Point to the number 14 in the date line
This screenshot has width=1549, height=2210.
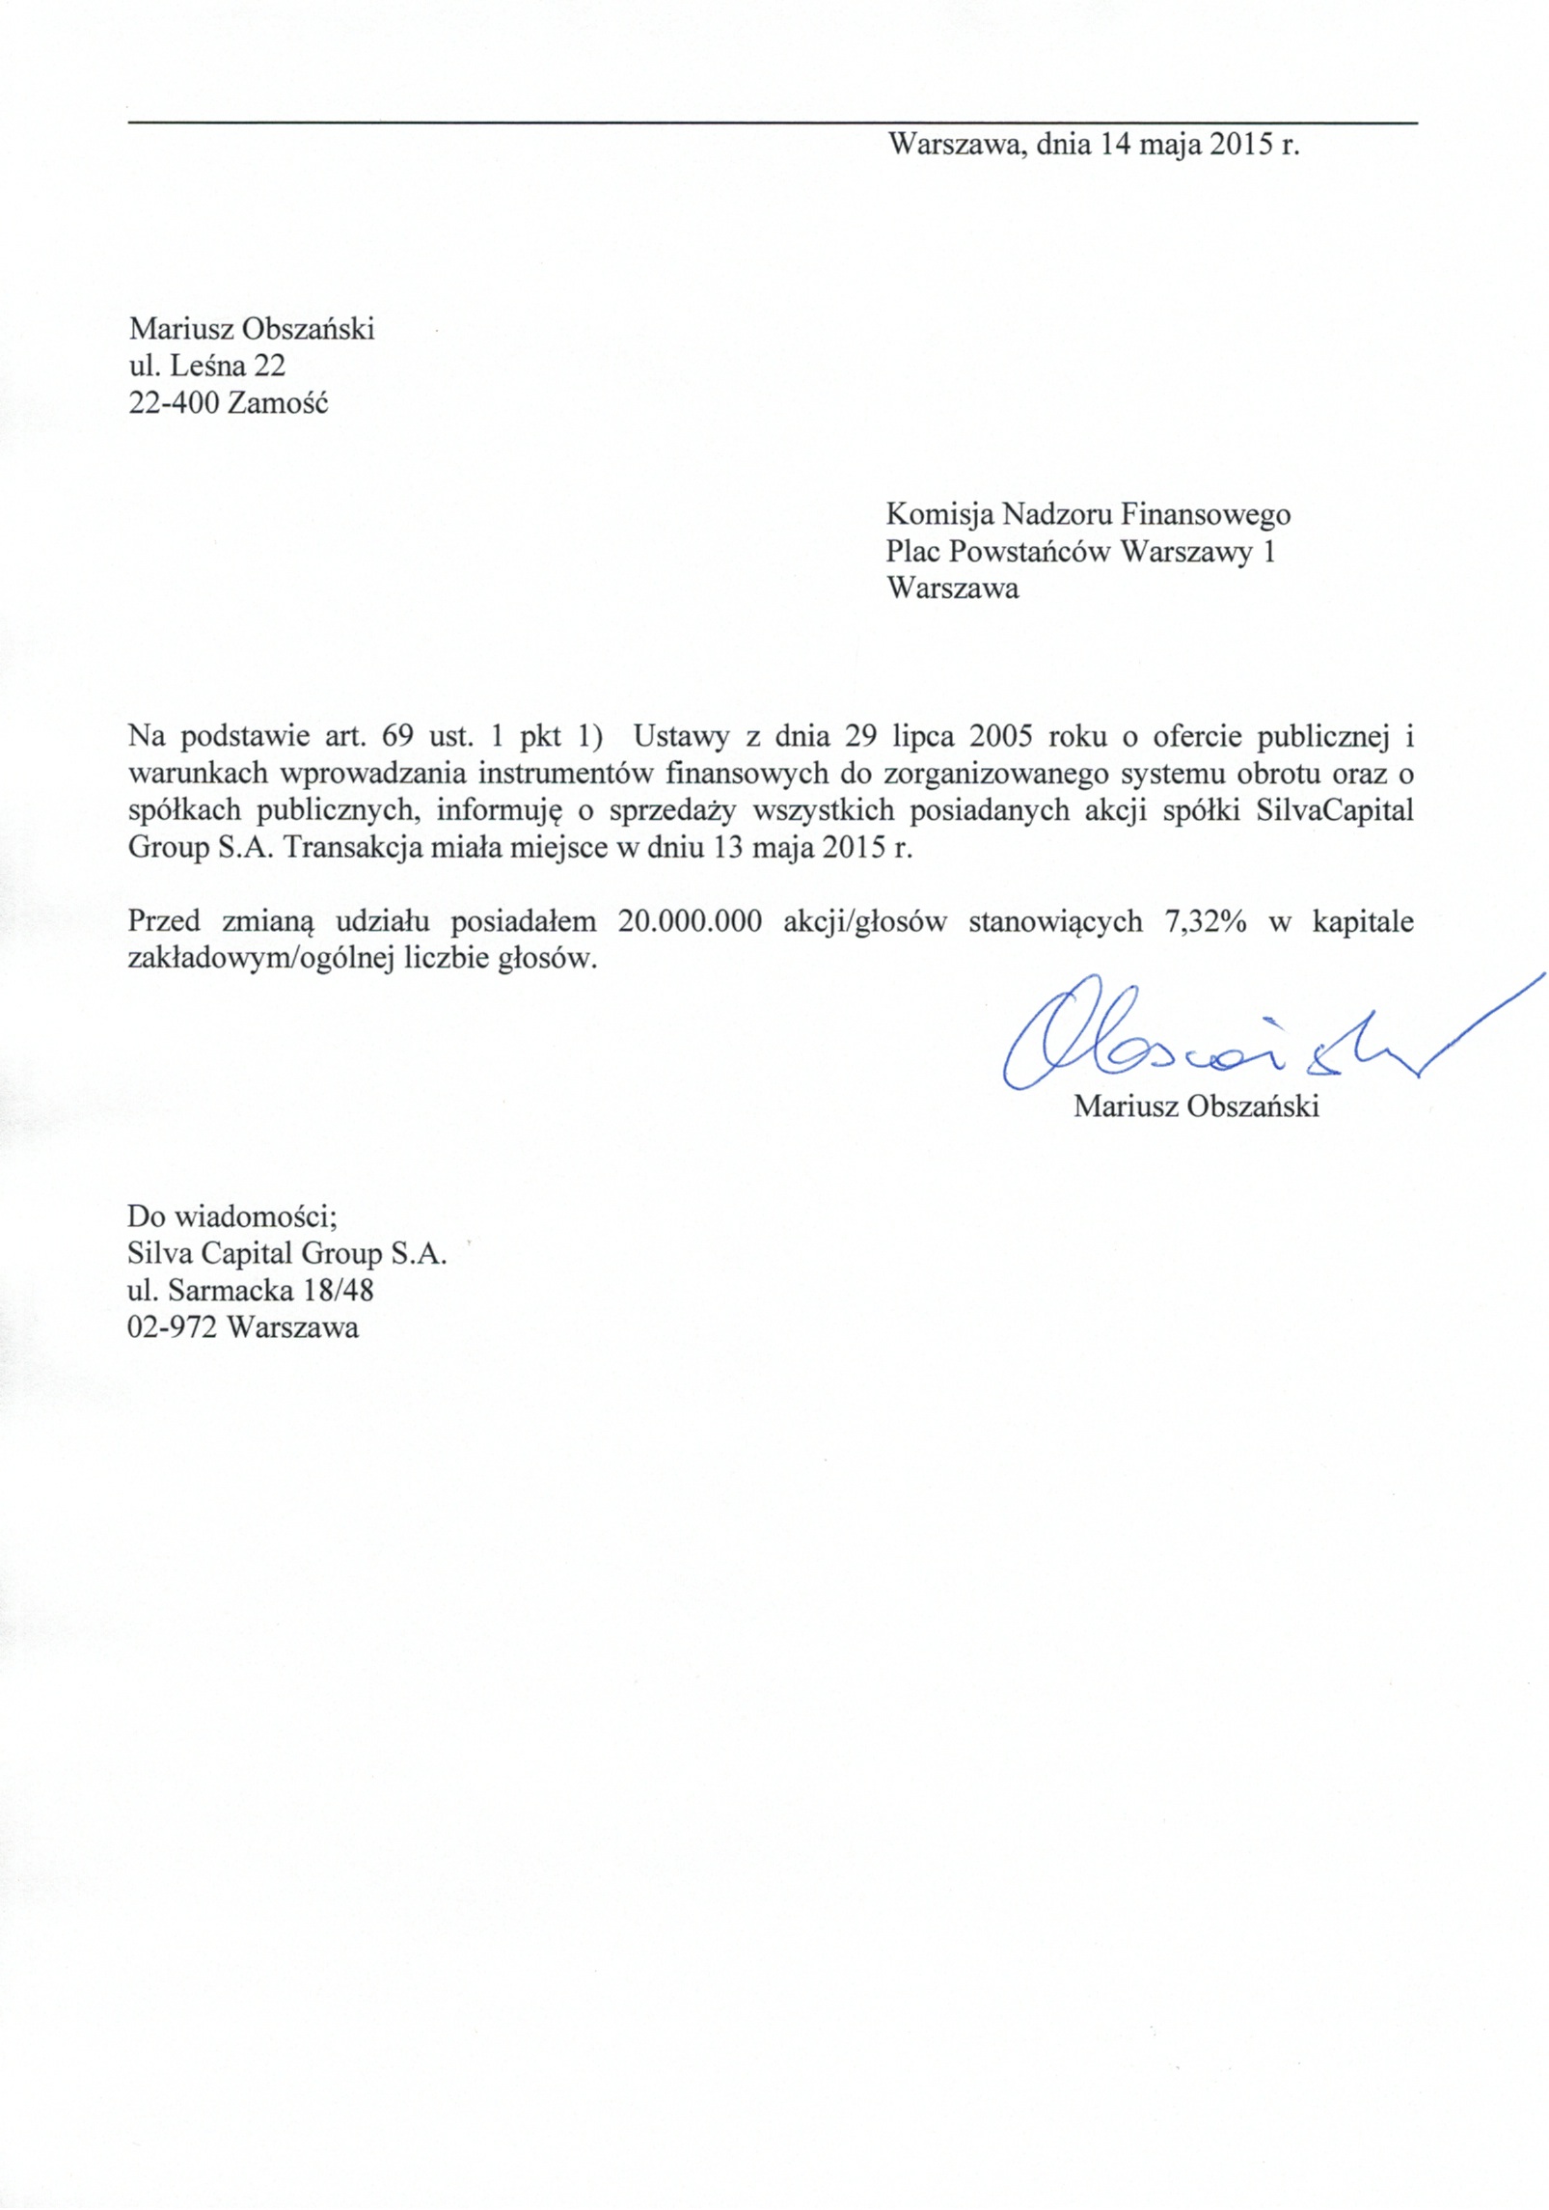[x=1115, y=145]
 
